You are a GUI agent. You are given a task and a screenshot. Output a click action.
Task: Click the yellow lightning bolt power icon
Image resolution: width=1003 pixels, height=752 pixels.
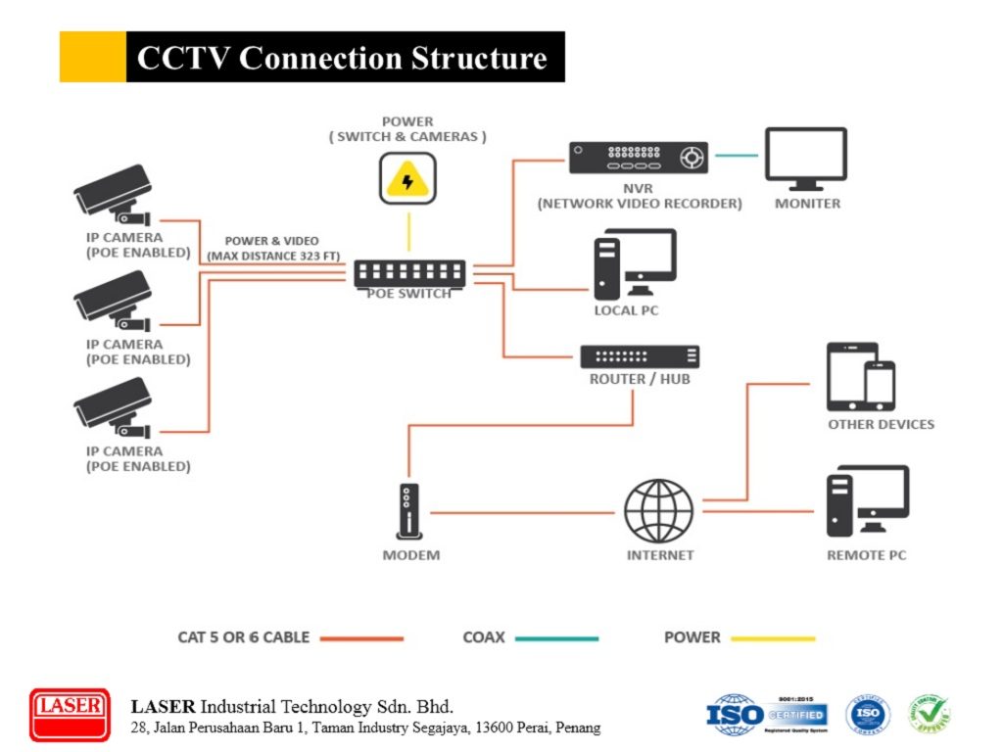pos(407,181)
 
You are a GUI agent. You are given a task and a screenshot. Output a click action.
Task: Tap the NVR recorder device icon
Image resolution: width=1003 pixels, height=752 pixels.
pos(639,158)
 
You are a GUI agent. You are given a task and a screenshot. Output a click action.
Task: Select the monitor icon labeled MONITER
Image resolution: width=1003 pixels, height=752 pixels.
pos(805,158)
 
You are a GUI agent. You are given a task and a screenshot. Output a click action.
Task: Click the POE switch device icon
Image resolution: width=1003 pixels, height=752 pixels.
pos(410,273)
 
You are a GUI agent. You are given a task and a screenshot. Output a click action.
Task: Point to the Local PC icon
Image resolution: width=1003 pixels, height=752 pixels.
pos(635,263)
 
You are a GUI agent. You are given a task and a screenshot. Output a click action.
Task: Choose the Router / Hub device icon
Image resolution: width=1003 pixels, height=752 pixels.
pos(640,356)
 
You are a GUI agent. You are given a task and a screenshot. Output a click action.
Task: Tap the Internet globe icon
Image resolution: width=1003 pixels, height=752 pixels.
pos(659,510)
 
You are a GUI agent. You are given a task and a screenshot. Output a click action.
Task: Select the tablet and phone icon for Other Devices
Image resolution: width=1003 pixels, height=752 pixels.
pos(861,377)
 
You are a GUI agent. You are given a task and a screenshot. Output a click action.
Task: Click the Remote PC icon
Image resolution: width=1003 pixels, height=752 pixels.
pos(866,501)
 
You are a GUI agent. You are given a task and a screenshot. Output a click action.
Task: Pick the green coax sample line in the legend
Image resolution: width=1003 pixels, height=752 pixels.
pos(556,638)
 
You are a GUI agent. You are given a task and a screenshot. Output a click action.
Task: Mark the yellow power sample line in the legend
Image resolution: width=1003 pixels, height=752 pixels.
pos(772,638)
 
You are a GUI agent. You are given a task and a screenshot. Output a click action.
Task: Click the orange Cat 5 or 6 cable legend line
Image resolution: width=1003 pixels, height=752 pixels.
pos(361,638)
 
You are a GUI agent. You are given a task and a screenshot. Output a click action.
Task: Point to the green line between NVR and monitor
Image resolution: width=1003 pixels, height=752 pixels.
pos(736,155)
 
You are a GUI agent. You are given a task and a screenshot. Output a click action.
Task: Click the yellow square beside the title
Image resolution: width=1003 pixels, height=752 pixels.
pos(92,57)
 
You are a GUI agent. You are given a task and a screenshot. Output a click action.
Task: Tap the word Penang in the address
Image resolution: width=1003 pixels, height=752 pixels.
pos(578,728)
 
